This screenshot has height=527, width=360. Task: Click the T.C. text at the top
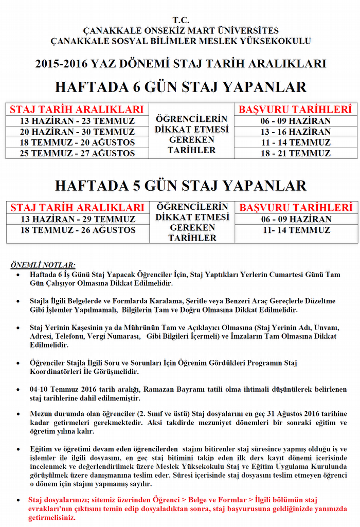click(181, 20)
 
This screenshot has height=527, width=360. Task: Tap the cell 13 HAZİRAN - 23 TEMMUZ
click(77, 121)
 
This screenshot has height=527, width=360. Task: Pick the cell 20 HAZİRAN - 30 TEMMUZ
click(77, 132)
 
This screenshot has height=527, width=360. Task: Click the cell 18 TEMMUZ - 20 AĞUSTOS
click(77, 142)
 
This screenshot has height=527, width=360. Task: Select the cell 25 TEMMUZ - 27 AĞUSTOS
click(77, 153)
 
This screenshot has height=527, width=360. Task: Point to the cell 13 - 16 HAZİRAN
click(295, 132)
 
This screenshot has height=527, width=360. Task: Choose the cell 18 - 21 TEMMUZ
click(295, 153)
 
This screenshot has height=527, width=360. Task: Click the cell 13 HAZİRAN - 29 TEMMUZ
click(78, 219)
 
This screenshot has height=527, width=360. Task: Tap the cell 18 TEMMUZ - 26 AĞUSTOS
click(78, 230)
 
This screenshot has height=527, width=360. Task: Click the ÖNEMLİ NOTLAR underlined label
click(43, 265)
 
